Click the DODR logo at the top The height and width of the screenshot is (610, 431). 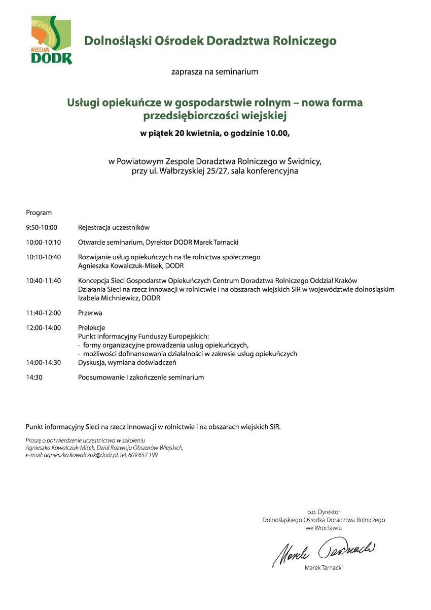point(51,40)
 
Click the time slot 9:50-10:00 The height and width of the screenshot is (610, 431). point(42,228)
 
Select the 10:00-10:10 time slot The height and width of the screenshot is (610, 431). point(44,243)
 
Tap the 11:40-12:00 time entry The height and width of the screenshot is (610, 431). point(44,313)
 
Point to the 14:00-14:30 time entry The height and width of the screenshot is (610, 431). point(44,363)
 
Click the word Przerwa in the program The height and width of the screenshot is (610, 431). point(90,313)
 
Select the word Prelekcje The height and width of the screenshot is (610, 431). point(92,328)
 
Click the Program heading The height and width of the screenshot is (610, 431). point(39,213)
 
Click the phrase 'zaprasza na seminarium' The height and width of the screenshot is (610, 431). point(215,72)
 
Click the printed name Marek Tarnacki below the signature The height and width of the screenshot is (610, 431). point(324,568)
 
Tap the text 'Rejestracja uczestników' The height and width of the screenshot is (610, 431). point(114,228)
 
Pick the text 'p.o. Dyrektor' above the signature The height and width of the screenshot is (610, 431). point(324,512)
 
